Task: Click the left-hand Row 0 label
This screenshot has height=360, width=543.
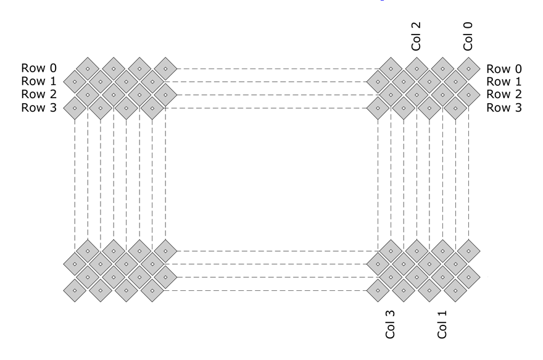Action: (x=39, y=68)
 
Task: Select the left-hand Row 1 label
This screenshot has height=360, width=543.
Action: (x=39, y=81)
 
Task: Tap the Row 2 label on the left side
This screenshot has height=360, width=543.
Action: (x=39, y=94)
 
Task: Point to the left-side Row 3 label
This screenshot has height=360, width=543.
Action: (x=39, y=107)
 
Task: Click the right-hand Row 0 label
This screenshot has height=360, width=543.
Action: (x=504, y=69)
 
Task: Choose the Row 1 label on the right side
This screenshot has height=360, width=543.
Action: (x=504, y=82)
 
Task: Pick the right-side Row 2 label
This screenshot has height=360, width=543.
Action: (x=504, y=94)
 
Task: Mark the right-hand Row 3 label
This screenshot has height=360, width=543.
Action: (x=504, y=107)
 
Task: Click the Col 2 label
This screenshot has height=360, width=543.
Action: (x=416, y=36)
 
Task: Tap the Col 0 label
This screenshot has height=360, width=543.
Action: (x=468, y=36)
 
